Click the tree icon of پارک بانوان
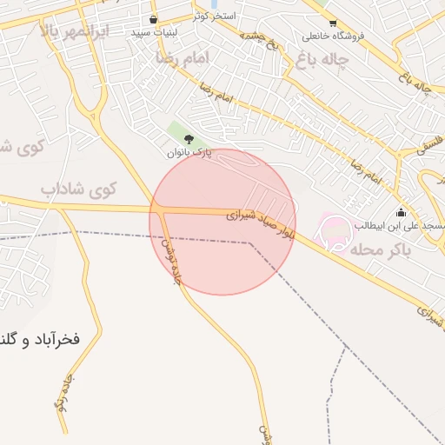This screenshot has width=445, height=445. click(x=189, y=138)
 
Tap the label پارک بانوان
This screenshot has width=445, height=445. click(x=189, y=153)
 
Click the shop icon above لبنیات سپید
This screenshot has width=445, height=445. click(x=154, y=18)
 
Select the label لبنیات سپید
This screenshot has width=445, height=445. click(x=154, y=32)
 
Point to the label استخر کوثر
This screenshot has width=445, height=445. click(x=212, y=17)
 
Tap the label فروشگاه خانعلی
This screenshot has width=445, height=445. click(x=333, y=37)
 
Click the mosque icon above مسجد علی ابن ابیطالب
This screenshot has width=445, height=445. click(x=401, y=213)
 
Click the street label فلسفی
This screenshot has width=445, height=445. click(x=429, y=144)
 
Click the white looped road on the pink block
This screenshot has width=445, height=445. click(x=337, y=233)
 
